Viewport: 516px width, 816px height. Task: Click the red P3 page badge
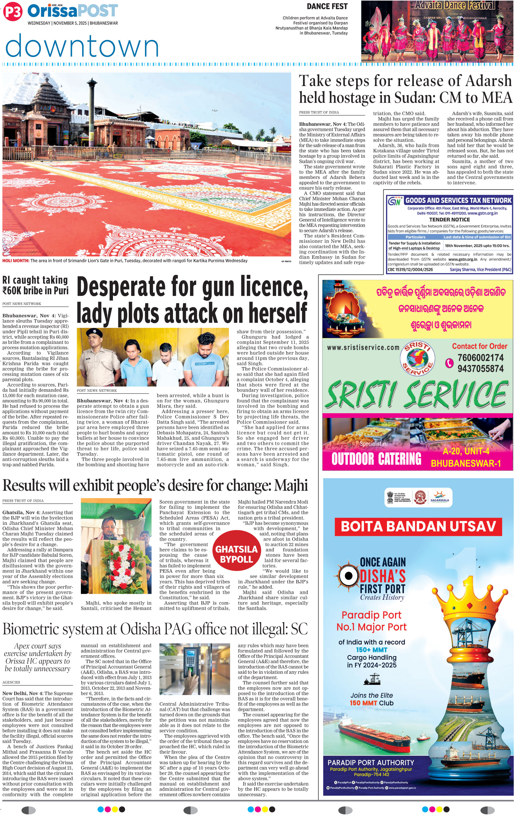[x=13, y=12]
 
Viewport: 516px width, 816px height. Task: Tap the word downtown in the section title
[x=82, y=46]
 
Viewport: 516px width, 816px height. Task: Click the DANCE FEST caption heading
[x=327, y=7]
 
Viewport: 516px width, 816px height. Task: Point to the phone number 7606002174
[x=480, y=358]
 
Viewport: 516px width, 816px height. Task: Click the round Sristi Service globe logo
[x=417, y=358]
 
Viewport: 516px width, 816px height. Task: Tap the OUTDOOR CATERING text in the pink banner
[x=376, y=459]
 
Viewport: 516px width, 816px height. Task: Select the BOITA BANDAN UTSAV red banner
[x=418, y=526]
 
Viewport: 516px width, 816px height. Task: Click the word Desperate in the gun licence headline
[x=121, y=287]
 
